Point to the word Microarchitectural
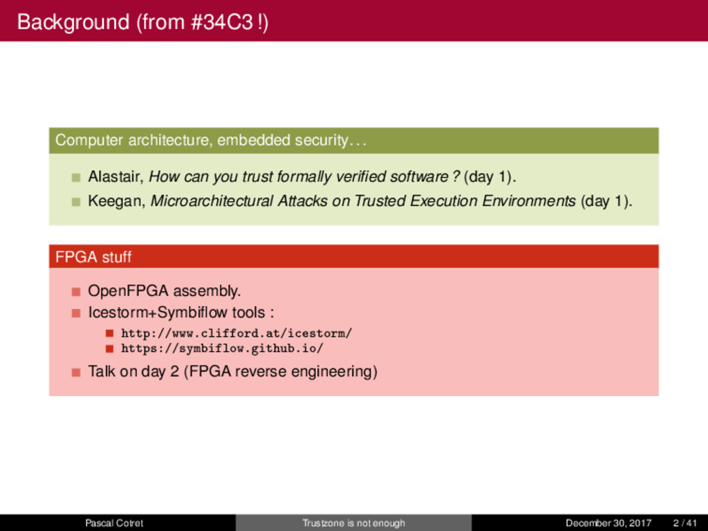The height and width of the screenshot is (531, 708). [212, 201]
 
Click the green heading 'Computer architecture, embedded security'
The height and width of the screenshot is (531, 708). [210, 140]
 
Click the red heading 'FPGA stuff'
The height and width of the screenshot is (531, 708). [93, 257]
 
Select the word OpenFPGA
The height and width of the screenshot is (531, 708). [128, 291]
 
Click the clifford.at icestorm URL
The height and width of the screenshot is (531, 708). [236, 333]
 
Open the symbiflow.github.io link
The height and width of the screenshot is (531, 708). [222, 348]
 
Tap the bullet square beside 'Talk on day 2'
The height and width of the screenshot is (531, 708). [76, 372]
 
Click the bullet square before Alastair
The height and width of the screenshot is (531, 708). [76, 178]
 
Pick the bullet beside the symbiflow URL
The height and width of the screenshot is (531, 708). [109, 349]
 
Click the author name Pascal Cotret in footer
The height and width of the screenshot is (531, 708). [114, 523]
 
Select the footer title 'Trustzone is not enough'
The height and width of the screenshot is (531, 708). [353, 523]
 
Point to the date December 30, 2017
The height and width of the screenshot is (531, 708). [608, 523]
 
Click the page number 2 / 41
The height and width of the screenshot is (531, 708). [685, 523]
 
